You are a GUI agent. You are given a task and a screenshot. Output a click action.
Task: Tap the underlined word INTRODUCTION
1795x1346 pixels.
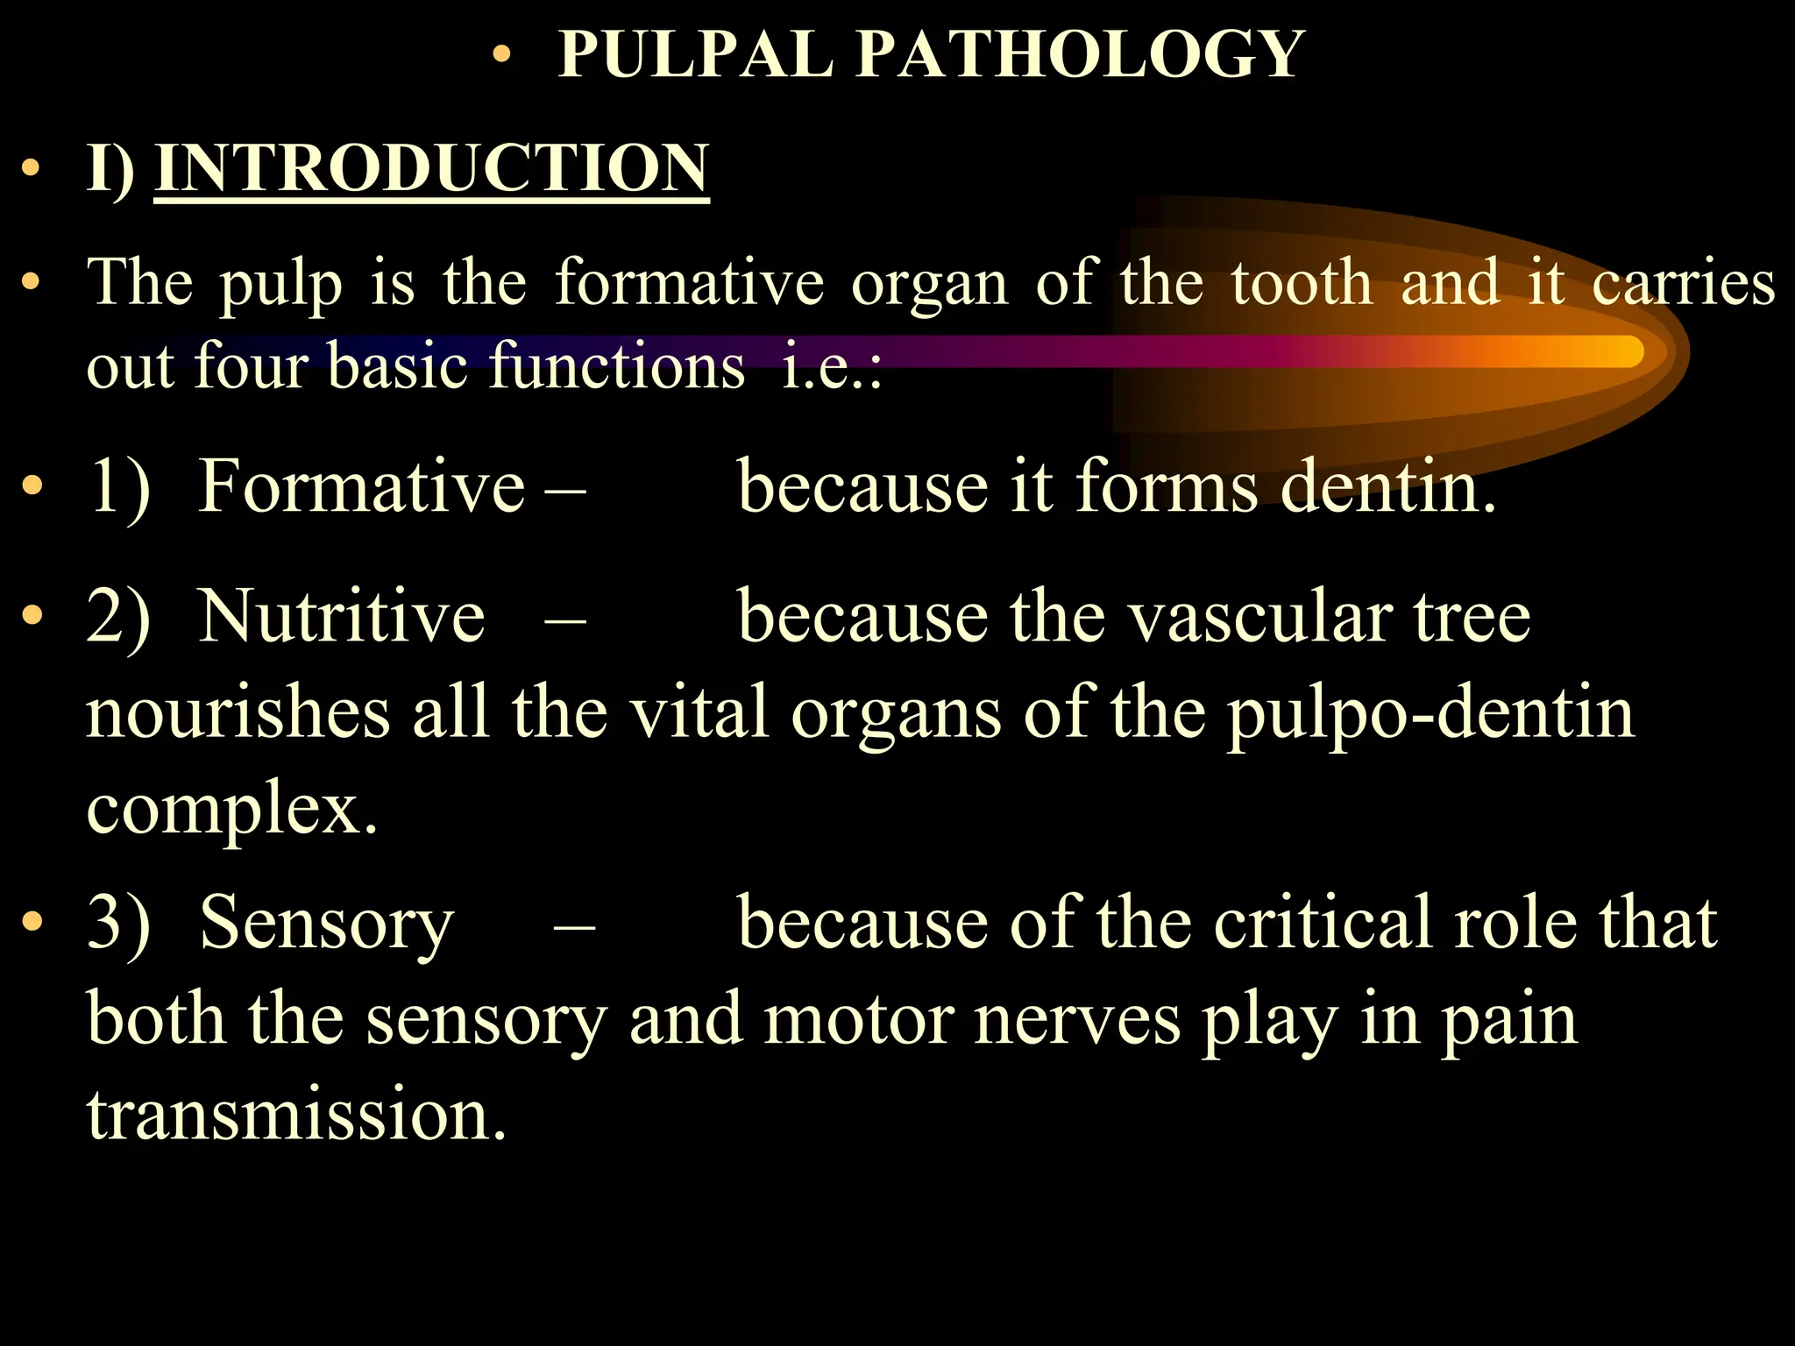pyautogui.click(x=431, y=168)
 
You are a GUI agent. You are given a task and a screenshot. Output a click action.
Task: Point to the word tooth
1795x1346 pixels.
pyautogui.click(x=1302, y=282)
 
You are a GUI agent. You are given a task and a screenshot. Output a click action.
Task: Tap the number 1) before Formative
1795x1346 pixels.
pyautogui.click(x=118, y=487)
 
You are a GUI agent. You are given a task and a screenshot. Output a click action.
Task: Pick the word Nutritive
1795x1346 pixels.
pyautogui.click(x=342, y=616)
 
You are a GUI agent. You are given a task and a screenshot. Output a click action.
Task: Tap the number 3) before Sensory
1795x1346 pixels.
pyautogui.click(x=118, y=922)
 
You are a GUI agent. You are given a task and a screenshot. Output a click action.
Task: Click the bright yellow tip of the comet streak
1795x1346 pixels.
pyautogui.click(x=1621, y=351)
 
